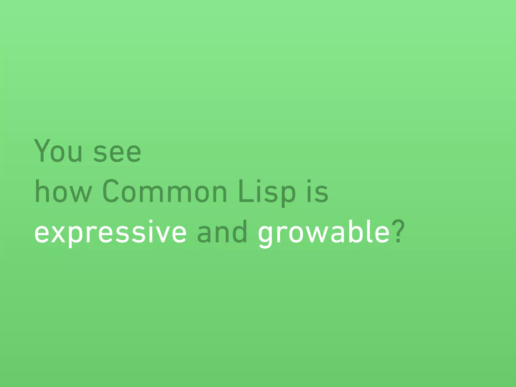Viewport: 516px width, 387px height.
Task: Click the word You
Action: pyautogui.click(x=58, y=151)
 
